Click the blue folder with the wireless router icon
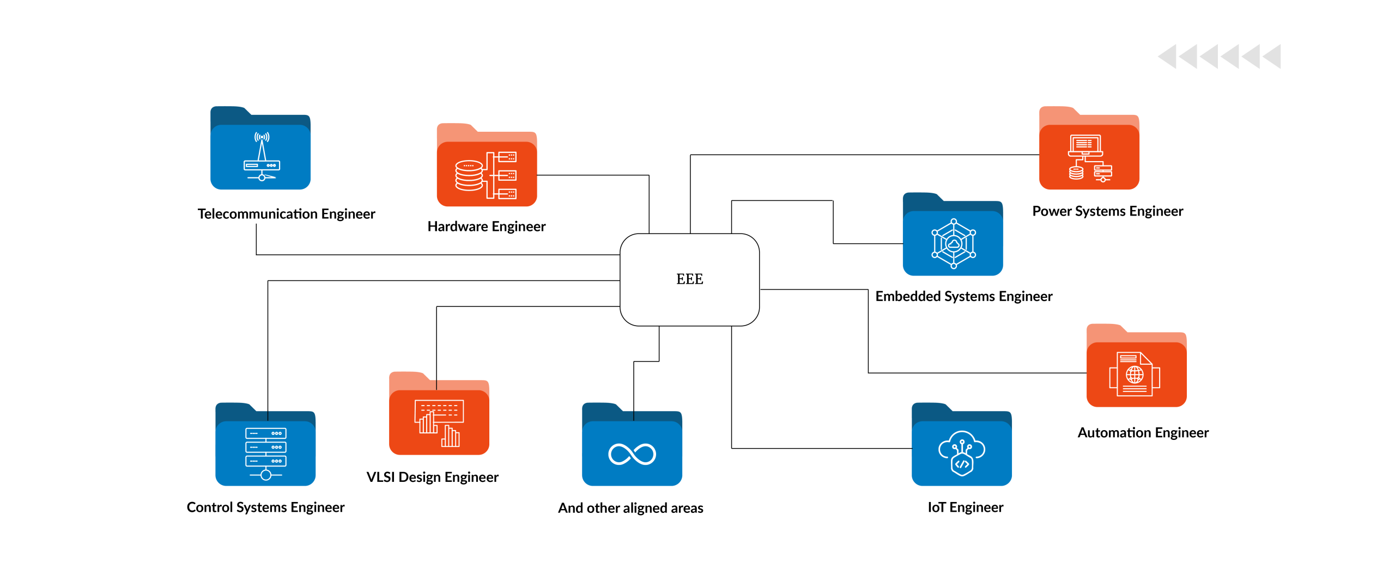[260, 155]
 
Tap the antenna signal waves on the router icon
[262, 137]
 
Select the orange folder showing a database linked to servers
[487, 172]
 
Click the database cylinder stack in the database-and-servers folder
[469, 175]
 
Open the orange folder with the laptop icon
[1089, 155]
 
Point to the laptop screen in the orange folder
[1085, 144]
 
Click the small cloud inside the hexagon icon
[954, 244]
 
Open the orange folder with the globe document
[1137, 372]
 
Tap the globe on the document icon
[1135, 375]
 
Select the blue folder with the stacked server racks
[265, 451]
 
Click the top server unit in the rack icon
[266, 433]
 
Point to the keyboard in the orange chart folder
[439, 411]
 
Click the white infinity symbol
[632, 454]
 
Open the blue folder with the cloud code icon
[962, 451]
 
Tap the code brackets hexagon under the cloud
[962, 464]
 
